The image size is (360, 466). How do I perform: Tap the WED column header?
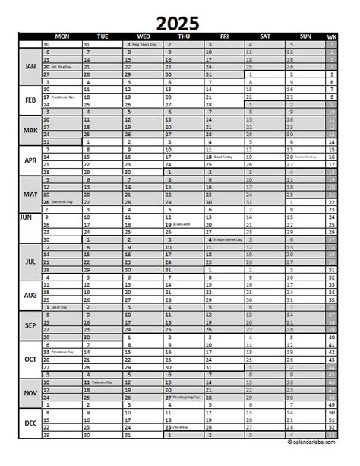click(142, 36)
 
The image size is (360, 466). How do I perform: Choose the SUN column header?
click(305, 36)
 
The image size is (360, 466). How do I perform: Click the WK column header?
click(330, 36)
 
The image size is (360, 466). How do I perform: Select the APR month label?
click(30, 161)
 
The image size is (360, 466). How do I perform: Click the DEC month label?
click(30, 423)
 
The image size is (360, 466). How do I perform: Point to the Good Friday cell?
click(223, 157)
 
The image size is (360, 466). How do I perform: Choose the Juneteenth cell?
click(182, 225)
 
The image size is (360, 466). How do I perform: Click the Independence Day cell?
click(223, 240)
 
